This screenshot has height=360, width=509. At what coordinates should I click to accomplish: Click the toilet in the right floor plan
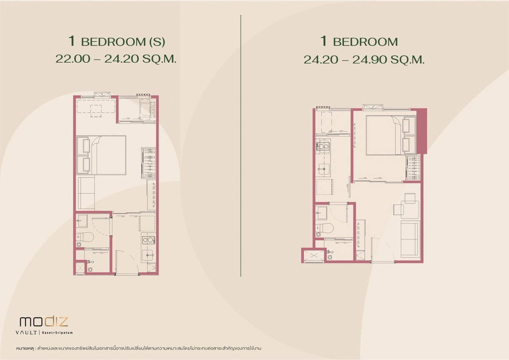point(325,227)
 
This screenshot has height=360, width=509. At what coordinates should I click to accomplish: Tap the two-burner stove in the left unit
point(148,240)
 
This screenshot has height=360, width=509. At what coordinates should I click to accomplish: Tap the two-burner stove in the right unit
point(323,146)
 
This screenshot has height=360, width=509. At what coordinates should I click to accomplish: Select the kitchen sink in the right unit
point(324,169)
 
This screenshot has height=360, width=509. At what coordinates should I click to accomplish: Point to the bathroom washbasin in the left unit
point(81,221)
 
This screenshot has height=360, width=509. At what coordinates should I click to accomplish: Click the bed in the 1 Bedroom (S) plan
point(101,155)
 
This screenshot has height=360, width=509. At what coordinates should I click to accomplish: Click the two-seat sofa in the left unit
point(87,193)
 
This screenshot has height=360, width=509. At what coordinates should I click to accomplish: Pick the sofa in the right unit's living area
point(410,239)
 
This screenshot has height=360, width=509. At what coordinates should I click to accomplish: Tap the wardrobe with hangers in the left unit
point(148,163)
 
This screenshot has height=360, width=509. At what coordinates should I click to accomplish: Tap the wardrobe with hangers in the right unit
point(413,167)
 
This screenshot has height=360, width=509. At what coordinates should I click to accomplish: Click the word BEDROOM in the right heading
point(365,42)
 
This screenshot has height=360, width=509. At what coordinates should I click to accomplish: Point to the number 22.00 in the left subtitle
point(73,59)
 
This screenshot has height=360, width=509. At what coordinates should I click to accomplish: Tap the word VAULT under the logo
point(26,333)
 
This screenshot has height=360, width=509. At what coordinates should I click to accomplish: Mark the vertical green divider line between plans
point(241,145)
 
